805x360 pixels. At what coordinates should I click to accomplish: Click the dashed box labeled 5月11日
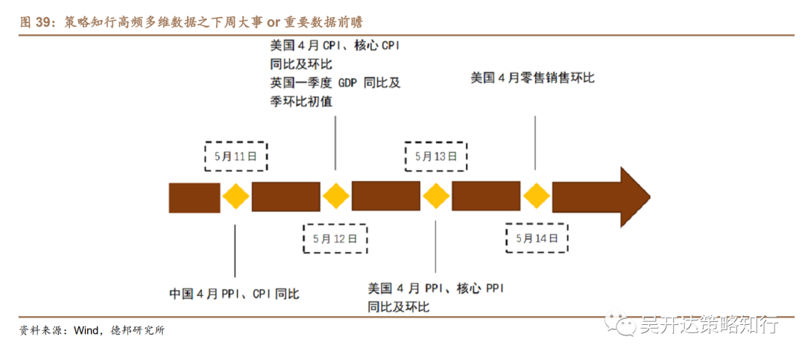[x=236, y=157]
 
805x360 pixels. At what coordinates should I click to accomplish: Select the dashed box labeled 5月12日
[x=335, y=239]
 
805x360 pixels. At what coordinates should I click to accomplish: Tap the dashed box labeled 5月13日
[x=435, y=157]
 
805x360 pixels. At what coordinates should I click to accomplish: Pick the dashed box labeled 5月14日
[x=537, y=239]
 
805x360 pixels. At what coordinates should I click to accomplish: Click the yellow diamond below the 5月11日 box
[x=236, y=197]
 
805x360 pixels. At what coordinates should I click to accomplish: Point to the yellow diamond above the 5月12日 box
[x=335, y=197]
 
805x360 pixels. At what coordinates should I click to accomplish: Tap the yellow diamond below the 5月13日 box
[x=436, y=197]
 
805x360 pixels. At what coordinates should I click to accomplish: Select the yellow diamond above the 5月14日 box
[x=536, y=197]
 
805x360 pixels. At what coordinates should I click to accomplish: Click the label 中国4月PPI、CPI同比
[x=234, y=294]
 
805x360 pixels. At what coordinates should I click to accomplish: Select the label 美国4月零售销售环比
[x=532, y=78]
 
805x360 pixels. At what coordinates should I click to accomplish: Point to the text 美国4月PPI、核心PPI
[x=435, y=288]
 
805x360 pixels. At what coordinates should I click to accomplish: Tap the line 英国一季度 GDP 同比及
[x=335, y=83]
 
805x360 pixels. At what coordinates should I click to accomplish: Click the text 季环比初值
[x=301, y=101]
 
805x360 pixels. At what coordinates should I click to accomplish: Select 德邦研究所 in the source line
[x=137, y=331]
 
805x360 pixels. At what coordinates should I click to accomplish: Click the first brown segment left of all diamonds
[x=195, y=197]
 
